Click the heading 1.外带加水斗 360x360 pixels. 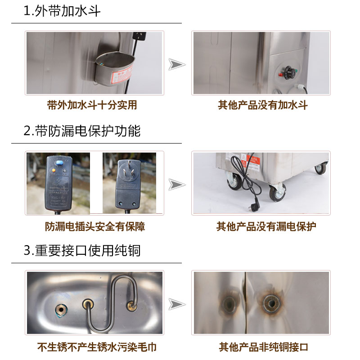pyautogui.click(x=62, y=11)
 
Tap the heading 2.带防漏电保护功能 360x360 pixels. pyautogui.click(x=82, y=131)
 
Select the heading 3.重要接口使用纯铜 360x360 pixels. pyautogui.click(x=82, y=251)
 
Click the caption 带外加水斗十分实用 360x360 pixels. pyautogui.click(x=92, y=105)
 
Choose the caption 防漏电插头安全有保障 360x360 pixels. pyautogui.click(x=95, y=226)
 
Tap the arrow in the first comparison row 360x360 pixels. pyautogui.click(x=177, y=64)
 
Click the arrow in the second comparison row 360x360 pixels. pyautogui.click(x=177, y=184)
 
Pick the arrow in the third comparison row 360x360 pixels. pyautogui.click(x=177, y=304)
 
